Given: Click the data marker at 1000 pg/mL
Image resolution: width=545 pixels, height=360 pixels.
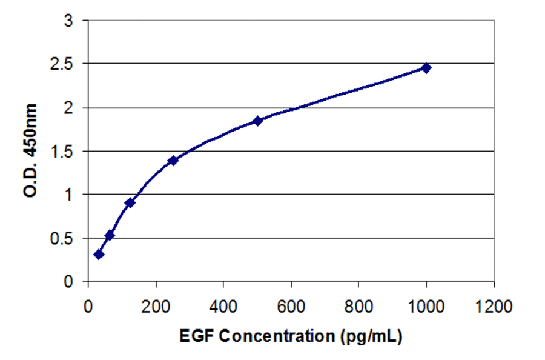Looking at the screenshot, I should tap(426, 68).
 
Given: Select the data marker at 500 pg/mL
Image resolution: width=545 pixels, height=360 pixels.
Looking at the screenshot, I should tap(257, 121).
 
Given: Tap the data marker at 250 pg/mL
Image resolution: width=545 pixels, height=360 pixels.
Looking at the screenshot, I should tap(173, 160).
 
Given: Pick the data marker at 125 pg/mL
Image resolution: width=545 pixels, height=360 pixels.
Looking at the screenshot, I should tap(130, 202).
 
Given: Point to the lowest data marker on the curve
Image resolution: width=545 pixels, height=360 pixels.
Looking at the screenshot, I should tap(99, 254).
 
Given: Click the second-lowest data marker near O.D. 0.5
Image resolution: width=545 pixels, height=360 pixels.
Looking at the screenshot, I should tap(110, 235).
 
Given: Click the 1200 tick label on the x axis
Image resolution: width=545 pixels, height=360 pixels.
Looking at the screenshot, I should tap(494, 305).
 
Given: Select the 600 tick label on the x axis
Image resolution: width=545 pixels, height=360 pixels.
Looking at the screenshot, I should tap(291, 305).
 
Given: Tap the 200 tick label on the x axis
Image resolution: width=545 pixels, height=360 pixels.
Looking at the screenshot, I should tap(156, 305).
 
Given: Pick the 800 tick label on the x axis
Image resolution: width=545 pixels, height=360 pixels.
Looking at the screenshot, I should tap(358, 305).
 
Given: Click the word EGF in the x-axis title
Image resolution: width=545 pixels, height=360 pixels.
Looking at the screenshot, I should tap(196, 335).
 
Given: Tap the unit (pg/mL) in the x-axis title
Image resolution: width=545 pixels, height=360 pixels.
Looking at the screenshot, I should tap(366, 336).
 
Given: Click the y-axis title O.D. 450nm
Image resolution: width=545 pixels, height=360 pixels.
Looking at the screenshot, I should tap(31, 151).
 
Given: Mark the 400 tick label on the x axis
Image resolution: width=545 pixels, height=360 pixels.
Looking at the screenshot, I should tap(223, 305).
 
